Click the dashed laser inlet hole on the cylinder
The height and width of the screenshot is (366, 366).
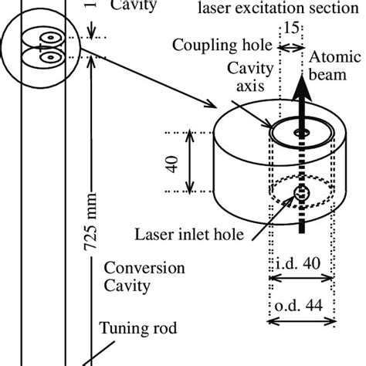302,193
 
